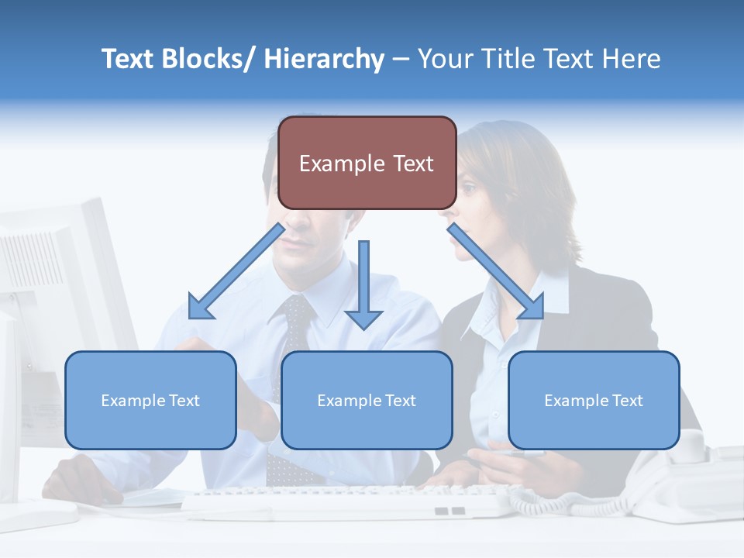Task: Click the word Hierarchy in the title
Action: click(x=324, y=60)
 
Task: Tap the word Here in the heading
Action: click(x=631, y=60)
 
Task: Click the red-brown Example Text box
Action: click(x=367, y=164)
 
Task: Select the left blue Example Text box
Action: click(x=150, y=400)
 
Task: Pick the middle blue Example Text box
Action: click(x=367, y=400)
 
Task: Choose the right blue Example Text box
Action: click(x=594, y=400)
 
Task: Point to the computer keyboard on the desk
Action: click(x=349, y=501)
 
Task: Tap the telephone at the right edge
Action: click(x=697, y=480)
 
